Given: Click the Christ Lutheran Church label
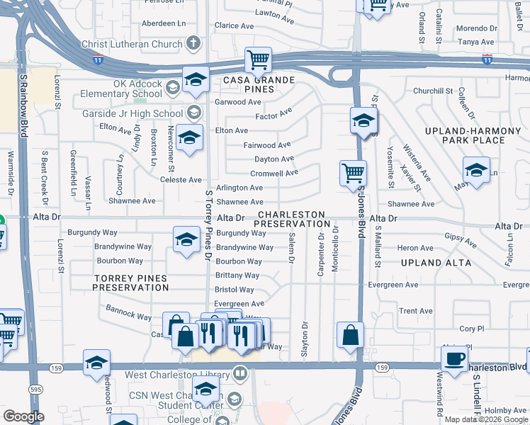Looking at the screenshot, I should [132, 44].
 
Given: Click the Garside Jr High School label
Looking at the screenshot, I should [132, 113].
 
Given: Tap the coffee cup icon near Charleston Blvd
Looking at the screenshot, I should [454, 358].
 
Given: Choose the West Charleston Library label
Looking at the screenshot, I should [178, 374].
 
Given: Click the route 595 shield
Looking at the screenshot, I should [35, 389].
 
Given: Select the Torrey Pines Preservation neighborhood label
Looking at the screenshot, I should [131, 283].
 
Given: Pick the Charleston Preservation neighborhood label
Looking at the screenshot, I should [291, 219].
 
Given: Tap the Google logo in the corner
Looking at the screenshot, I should [24, 416].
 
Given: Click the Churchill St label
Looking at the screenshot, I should [432, 91].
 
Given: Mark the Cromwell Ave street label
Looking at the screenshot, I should [274, 173].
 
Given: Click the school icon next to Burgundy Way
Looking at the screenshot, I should [186, 239].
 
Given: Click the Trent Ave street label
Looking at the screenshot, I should [416, 311].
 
